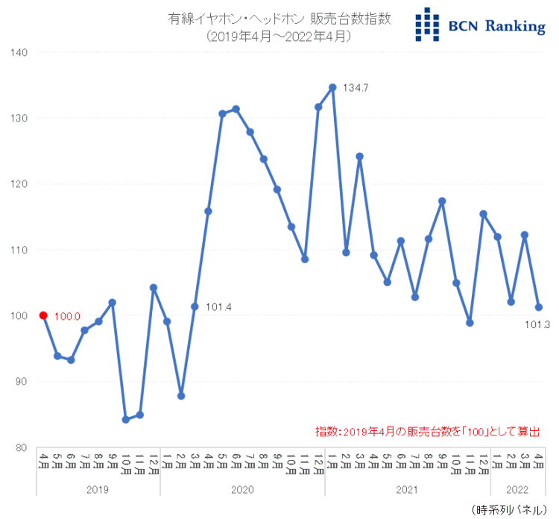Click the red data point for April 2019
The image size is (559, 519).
pos(43,315)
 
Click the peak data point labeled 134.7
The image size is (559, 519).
pos(332,87)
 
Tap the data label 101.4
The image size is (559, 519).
pos(218,306)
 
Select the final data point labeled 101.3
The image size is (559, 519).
pos(539,307)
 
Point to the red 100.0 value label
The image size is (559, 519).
pos(68,316)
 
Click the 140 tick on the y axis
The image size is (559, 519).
pos(19,52)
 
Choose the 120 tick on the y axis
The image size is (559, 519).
pos(19,184)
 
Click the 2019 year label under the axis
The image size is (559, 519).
pos(98,490)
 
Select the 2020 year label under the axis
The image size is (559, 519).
pos(242,490)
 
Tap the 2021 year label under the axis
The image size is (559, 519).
pos(408,490)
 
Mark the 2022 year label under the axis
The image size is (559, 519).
pos(518,490)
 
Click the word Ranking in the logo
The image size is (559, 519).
pos(515,27)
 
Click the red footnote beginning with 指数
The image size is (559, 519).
pos(427,431)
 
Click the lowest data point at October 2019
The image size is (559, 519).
pos(126,420)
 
